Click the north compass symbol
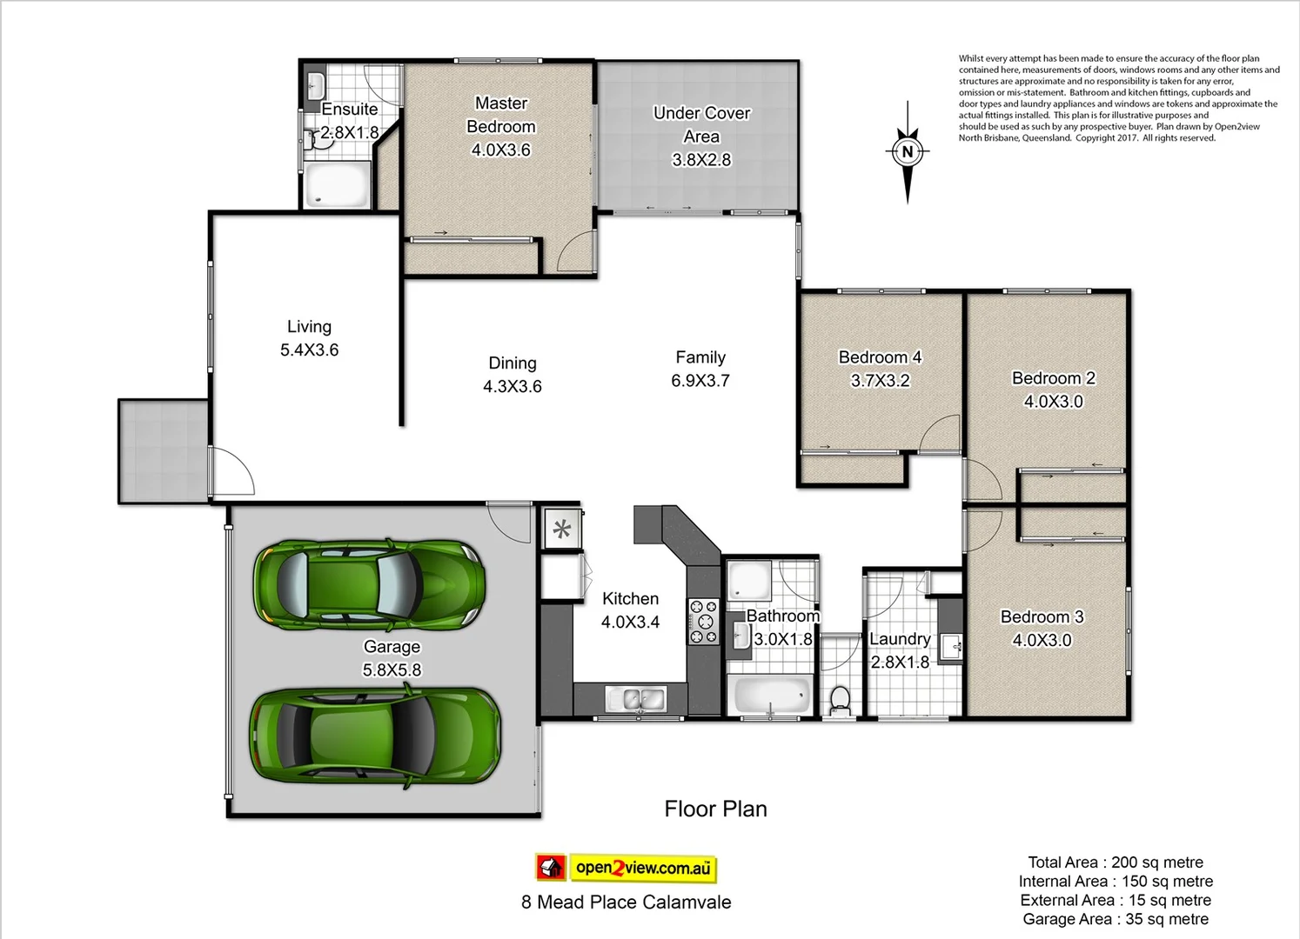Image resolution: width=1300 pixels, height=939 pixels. click(907, 152)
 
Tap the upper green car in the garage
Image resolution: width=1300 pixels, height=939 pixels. click(369, 583)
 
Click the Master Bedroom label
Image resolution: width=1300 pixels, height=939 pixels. click(501, 115)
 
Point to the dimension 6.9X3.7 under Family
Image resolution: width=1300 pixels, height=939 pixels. click(700, 381)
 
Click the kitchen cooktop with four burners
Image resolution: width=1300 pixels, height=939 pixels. click(703, 622)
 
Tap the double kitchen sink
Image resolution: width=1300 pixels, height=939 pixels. click(635, 698)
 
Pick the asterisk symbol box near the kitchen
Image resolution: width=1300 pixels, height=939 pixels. click(562, 529)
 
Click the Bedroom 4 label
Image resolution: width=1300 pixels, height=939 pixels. click(880, 357)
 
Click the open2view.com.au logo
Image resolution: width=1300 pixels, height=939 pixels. click(626, 867)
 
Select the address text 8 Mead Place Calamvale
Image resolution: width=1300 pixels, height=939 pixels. click(626, 902)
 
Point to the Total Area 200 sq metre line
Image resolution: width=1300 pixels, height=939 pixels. click(1115, 862)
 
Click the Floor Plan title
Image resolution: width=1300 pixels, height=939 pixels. click(715, 809)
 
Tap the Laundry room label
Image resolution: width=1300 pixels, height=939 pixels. click(900, 639)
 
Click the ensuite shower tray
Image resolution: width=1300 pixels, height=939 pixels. click(336, 186)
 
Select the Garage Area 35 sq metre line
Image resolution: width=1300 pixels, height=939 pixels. click(1115, 920)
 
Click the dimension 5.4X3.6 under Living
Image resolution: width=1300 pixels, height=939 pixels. click(309, 350)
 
